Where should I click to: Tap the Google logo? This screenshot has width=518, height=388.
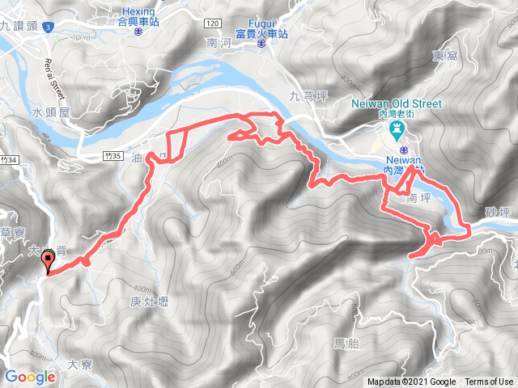(x=29, y=377)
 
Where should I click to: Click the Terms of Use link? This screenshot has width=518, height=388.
(x=488, y=382)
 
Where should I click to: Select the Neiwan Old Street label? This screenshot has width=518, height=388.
(x=397, y=103)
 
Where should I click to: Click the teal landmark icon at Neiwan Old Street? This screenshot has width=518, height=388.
(x=397, y=130)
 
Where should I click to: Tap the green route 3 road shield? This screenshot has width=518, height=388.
(x=50, y=27)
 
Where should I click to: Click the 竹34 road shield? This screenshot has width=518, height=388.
(x=9, y=159)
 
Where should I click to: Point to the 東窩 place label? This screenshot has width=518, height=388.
(x=445, y=57)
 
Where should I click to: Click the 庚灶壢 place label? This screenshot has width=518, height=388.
(x=148, y=302)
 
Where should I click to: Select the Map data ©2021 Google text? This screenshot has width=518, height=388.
(x=411, y=382)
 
